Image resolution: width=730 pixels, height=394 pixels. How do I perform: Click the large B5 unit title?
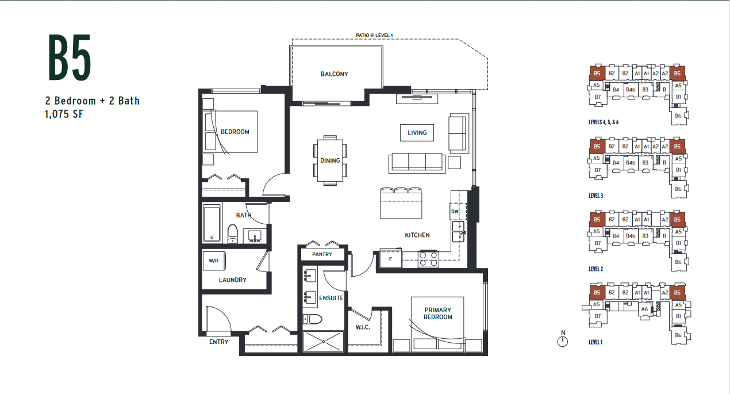(x=70, y=58)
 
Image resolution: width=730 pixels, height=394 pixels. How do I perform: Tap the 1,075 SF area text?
(x=64, y=114)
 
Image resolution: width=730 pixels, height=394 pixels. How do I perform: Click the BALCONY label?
(x=335, y=74)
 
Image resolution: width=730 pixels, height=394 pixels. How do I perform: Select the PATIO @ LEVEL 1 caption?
(x=374, y=35)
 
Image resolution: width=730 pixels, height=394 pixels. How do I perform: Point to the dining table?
(x=330, y=160)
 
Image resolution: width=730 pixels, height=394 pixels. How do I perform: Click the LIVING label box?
(x=417, y=133)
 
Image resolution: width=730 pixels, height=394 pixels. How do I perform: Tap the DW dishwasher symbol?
(x=457, y=211)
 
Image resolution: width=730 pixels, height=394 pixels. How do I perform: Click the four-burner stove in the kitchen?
(x=428, y=259)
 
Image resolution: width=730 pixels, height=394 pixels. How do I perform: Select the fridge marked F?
(x=390, y=259)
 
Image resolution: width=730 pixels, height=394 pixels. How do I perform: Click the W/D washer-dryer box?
(x=214, y=261)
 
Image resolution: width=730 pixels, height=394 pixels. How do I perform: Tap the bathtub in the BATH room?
(x=212, y=223)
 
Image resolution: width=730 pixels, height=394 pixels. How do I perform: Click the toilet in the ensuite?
(x=312, y=319)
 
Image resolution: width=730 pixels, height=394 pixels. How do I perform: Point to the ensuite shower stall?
(x=323, y=342)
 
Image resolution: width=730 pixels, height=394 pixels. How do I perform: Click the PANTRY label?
(x=322, y=254)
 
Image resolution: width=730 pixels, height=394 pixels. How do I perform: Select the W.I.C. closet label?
(x=363, y=327)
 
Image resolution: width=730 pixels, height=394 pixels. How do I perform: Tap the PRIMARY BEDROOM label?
(x=437, y=313)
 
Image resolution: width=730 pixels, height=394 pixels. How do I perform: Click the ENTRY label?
(x=218, y=342)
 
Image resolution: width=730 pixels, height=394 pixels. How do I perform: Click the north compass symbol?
(x=563, y=339)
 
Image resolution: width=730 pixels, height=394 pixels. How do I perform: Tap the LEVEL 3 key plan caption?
(x=595, y=196)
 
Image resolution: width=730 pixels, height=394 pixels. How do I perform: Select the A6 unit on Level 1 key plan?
(x=644, y=309)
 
